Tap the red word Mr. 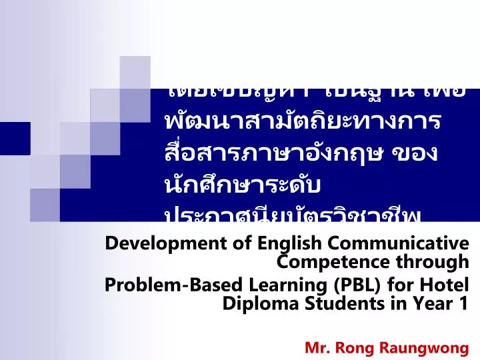pos(317,347)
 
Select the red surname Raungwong pos(427,347)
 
